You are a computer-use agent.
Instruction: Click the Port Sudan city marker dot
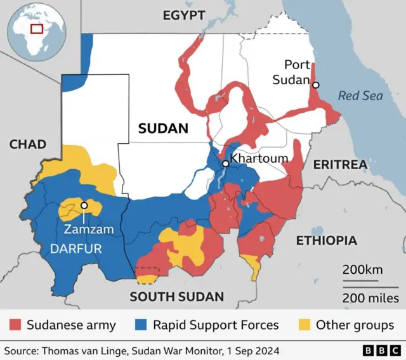tap(316, 85)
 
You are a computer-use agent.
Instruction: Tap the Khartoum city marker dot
tap(225, 164)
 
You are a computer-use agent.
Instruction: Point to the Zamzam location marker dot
tap(84, 205)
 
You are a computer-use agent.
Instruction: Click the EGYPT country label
tap(184, 15)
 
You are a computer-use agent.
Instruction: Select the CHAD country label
tap(28, 145)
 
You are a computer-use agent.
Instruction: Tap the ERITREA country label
tap(340, 165)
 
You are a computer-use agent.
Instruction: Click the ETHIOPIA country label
tap(326, 241)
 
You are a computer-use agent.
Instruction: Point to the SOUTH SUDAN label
tap(177, 296)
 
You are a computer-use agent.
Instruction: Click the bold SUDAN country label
tap(163, 129)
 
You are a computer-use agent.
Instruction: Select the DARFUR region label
tap(75, 248)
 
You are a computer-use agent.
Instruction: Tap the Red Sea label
tap(360, 96)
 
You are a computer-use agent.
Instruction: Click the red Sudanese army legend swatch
tap(15, 325)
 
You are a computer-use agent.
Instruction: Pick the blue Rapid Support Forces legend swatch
tap(141, 325)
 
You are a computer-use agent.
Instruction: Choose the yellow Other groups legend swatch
tap(305, 325)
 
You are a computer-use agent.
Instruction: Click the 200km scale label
tap(362, 269)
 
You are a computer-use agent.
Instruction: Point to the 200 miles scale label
tap(370, 297)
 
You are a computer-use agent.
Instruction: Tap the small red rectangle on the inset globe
tap(37, 29)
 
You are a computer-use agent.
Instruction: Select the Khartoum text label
tap(259, 158)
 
